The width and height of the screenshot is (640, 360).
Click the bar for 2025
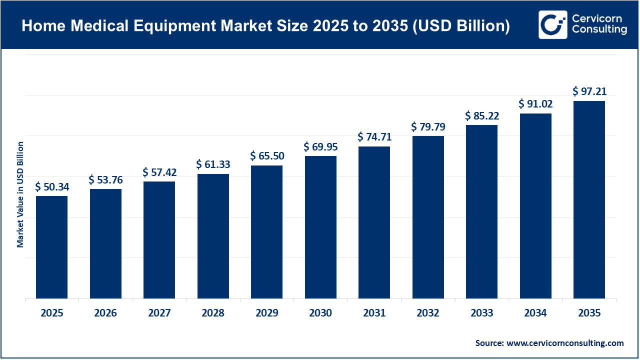pyautogui.click(x=52, y=247)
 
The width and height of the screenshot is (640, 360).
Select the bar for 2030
pyautogui.click(x=320, y=227)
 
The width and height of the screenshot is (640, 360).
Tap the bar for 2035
pyautogui.click(x=589, y=200)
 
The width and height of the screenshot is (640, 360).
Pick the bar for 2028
pyautogui.click(x=213, y=236)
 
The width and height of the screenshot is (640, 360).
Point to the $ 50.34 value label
pyautogui.click(x=52, y=187)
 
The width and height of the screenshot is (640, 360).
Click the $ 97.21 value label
pyautogui.click(x=589, y=92)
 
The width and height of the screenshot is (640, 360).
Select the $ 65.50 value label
pyautogui.click(x=267, y=156)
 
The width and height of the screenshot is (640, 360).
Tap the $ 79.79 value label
pyautogui.click(x=428, y=127)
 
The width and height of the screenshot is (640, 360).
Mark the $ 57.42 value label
pyautogui.click(x=159, y=172)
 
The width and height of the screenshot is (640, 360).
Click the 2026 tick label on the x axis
pyautogui.click(x=105, y=313)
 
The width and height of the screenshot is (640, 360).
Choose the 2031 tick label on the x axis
pyautogui.click(x=374, y=313)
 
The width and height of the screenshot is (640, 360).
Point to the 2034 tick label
pyautogui.click(x=535, y=313)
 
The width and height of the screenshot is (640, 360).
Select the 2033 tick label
pyautogui.click(x=481, y=313)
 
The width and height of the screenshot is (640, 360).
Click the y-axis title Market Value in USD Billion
pyautogui.click(x=20, y=194)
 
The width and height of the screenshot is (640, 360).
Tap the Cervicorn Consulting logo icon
pyautogui.click(x=552, y=24)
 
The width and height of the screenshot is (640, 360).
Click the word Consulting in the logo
pyautogui.click(x=599, y=30)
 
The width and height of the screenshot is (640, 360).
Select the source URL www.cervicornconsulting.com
pyautogui.click(x=565, y=343)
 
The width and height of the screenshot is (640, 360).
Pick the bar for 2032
pyautogui.click(x=428, y=217)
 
